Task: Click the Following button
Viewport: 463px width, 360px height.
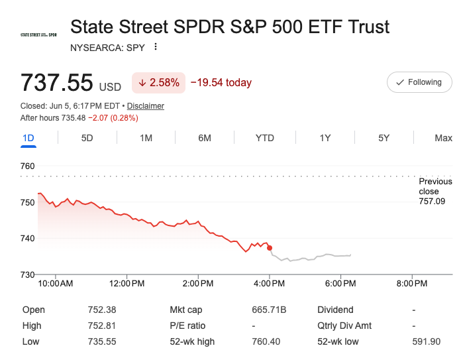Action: click(x=419, y=82)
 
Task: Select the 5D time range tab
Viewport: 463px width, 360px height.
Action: click(x=87, y=138)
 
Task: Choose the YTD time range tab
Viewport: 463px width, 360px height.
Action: click(x=264, y=138)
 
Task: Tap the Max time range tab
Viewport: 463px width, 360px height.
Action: click(x=443, y=138)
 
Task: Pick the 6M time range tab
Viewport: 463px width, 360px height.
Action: click(x=205, y=138)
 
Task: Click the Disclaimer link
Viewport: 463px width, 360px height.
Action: click(x=146, y=106)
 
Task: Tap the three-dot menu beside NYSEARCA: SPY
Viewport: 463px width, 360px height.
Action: click(x=156, y=46)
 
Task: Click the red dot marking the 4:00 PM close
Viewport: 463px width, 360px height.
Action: click(x=270, y=248)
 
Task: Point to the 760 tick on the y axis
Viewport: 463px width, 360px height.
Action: click(x=27, y=166)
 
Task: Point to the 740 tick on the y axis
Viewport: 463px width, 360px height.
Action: click(x=27, y=238)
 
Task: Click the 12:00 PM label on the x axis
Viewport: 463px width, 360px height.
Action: click(x=127, y=284)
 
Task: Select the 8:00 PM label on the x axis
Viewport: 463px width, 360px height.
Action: click(x=412, y=284)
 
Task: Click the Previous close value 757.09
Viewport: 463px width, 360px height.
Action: click(x=432, y=202)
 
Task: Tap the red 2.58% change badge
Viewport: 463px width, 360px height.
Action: click(x=158, y=83)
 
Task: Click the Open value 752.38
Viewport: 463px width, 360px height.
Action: click(x=102, y=310)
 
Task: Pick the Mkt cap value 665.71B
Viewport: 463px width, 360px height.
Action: click(x=269, y=310)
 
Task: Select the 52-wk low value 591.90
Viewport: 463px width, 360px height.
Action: click(x=427, y=341)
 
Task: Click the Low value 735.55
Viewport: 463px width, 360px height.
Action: click(x=102, y=341)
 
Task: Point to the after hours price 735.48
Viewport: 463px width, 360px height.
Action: click(x=74, y=118)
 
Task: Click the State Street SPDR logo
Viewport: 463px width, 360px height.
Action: click(x=38, y=35)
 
